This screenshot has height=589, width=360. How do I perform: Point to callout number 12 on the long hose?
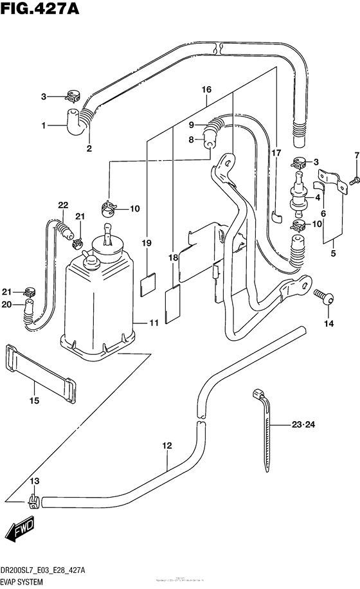pyautogui.click(x=167, y=445)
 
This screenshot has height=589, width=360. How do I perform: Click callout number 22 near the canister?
pyautogui.click(x=62, y=205)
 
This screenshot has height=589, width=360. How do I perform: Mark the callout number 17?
pyautogui.click(x=276, y=152)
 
